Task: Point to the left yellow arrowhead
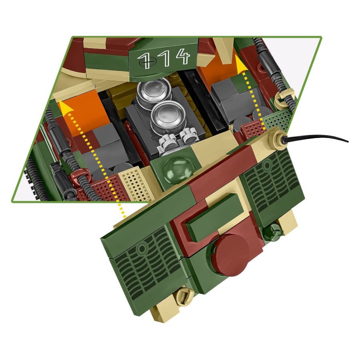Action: point(62,106)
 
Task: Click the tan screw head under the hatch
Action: point(183,296)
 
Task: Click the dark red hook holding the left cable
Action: point(80,175)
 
